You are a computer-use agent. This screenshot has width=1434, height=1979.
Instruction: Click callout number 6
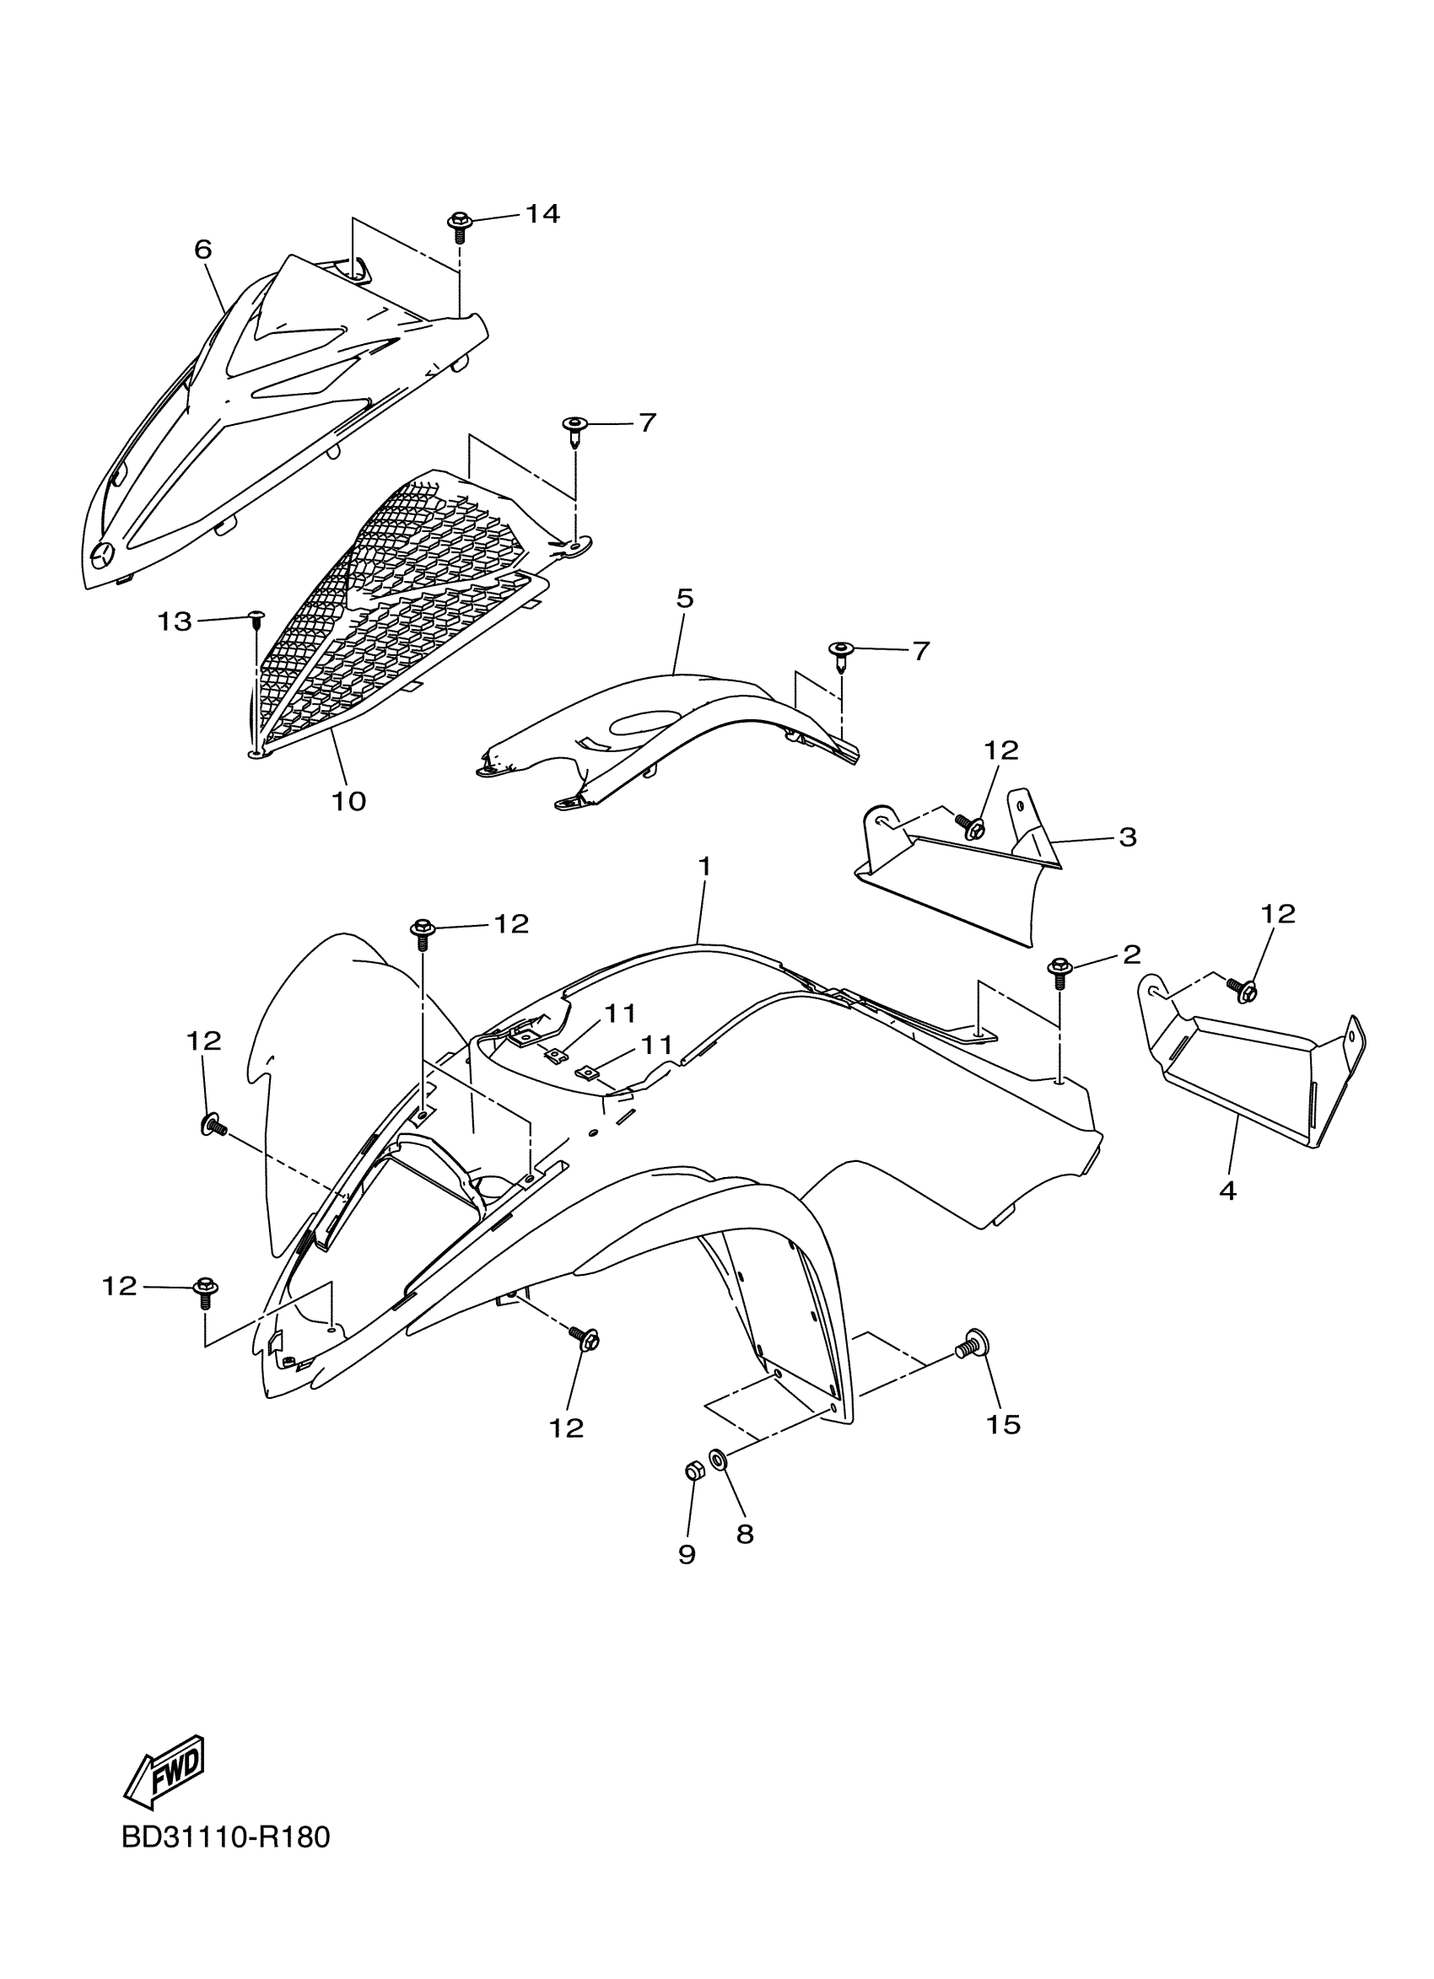coord(202,250)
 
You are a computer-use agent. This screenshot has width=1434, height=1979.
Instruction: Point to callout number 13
coord(175,621)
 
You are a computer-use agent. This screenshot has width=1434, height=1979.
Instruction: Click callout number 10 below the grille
coord(349,800)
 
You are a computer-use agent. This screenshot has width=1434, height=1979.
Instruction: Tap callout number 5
coord(684,599)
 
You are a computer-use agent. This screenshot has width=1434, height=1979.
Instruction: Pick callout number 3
coord(1127,836)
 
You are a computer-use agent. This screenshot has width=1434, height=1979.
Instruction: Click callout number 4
coord(1227,1191)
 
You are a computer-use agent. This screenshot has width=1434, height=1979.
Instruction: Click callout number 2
coord(1131,954)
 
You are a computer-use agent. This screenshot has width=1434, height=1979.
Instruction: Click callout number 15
coord(1004,1424)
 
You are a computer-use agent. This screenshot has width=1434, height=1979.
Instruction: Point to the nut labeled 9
coord(694,1471)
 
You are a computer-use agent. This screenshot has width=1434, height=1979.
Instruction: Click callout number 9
coord(687,1553)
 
